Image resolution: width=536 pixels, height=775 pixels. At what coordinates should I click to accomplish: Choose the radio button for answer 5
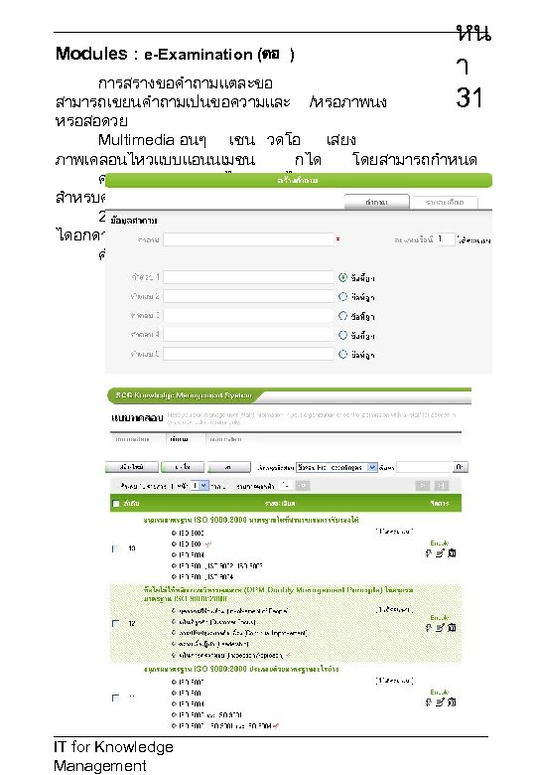tap(343, 352)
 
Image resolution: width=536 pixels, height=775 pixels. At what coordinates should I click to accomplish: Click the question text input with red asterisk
tap(248, 239)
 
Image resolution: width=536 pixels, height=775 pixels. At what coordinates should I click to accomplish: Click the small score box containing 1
tap(446, 239)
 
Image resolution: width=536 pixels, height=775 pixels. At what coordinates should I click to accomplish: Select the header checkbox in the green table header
tap(115, 504)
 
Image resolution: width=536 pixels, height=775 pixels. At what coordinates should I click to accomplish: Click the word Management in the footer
tap(99, 766)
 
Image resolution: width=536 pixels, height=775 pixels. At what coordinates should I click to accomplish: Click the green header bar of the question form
tap(298, 180)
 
